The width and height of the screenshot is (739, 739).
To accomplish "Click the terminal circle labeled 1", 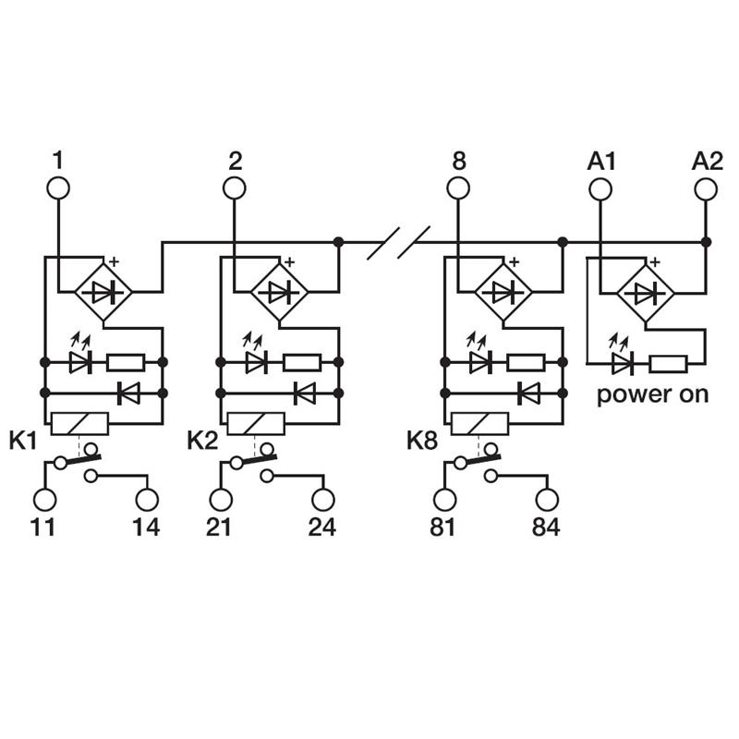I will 58,188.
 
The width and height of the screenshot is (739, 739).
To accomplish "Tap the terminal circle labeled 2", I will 235,188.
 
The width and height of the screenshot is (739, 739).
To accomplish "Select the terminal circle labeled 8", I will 458,188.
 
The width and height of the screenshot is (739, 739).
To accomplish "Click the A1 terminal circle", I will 600,188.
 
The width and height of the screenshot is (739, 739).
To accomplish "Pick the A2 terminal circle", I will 707,188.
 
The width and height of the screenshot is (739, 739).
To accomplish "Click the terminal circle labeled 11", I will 44,500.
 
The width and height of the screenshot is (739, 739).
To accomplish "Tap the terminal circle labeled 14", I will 147,500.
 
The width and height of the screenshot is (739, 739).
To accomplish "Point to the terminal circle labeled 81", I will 444,500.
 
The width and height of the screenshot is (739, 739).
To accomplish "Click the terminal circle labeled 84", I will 546,500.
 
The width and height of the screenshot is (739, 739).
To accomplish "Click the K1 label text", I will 23,441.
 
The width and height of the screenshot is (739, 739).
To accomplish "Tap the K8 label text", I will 422,441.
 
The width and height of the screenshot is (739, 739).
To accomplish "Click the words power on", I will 652,394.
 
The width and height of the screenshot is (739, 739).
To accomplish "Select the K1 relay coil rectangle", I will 81,424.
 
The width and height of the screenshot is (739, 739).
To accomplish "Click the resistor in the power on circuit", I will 668,363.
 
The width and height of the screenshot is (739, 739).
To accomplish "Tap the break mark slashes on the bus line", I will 399,243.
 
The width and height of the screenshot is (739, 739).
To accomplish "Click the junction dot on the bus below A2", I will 707,242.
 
